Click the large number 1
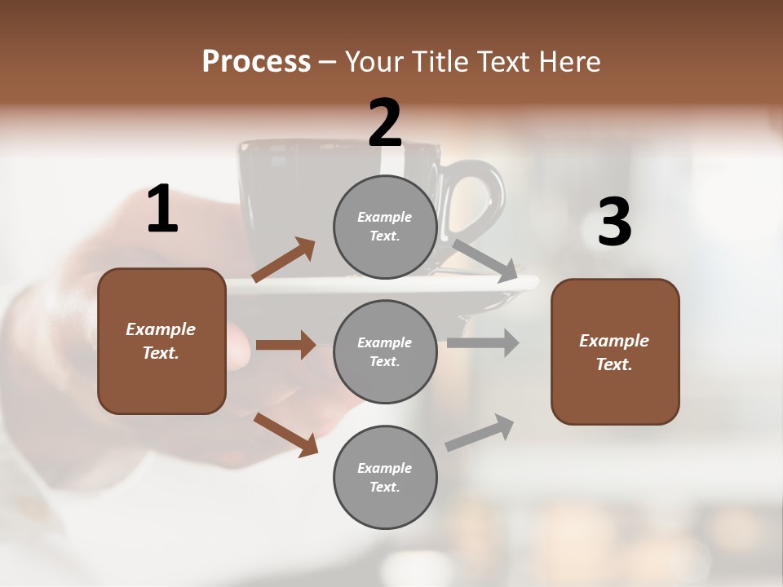click(x=162, y=210)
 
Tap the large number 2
click(x=385, y=123)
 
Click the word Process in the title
click(x=256, y=62)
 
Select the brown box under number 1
click(x=161, y=341)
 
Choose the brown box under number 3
click(x=615, y=351)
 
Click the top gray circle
click(x=385, y=227)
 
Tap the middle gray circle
click(x=385, y=351)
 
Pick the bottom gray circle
click(x=385, y=477)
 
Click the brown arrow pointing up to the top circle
click(x=284, y=260)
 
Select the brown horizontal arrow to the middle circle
click(x=285, y=345)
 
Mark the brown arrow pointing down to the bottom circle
click(x=285, y=435)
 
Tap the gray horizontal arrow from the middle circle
click(x=482, y=342)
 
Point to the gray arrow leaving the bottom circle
click(x=480, y=433)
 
